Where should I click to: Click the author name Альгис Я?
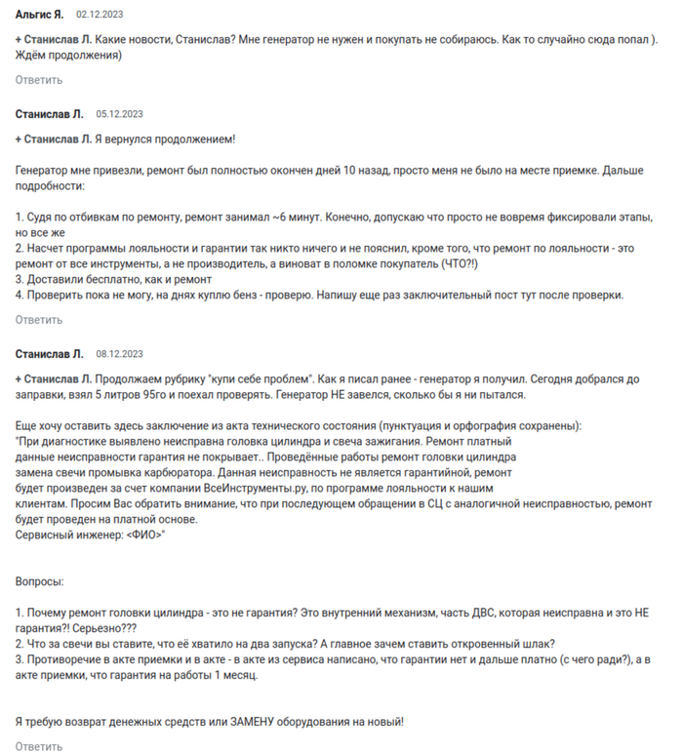pyautogui.click(x=40, y=16)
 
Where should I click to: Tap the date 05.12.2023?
pyautogui.click(x=119, y=114)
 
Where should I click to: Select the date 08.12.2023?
pyautogui.click(x=119, y=353)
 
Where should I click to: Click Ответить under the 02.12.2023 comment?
pyautogui.click(x=39, y=80)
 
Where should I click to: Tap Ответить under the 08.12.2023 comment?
pyautogui.click(x=39, y=746)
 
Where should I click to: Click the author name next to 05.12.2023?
pyautogui.click(x=50, y=114)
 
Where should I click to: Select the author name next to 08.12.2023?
pyautogui.click(x=50, y=353)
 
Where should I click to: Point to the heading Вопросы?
pyautogui.click(x=39, y=581)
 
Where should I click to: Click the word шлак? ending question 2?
pyautogui.click(x=537, y=644)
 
